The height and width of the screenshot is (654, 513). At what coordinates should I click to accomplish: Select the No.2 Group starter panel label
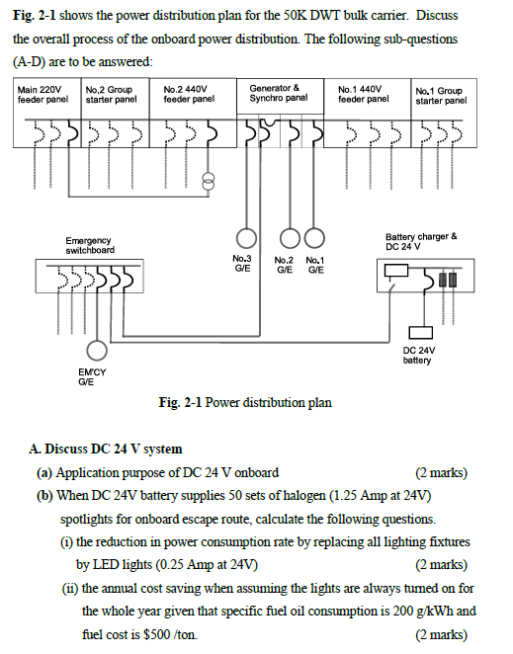pos(111,95)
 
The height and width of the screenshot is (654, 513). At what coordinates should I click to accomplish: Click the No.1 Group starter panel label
pos(440,96)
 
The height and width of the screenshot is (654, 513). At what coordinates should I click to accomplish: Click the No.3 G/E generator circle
pos(244,237)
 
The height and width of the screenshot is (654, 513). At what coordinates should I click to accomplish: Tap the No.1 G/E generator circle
pos(313,237)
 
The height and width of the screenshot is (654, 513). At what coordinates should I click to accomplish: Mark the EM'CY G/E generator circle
pos(97,350)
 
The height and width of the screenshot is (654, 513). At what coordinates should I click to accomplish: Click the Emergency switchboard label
pos(89,245)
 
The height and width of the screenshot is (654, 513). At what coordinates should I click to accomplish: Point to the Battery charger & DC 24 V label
pos(421,240)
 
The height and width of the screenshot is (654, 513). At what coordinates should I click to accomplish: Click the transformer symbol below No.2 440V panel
pos(207,180)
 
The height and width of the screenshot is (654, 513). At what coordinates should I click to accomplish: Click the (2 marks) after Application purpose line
pos(441,472)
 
